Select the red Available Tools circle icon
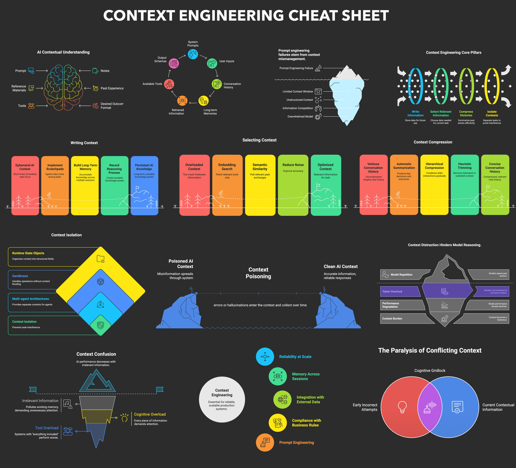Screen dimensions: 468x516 pos(169,84)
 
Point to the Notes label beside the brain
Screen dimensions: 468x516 pos(105,71)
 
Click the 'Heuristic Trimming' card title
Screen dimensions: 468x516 pos(465,166)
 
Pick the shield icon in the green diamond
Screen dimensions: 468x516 pos(101,325)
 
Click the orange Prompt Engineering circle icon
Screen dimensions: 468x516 pos(265,442)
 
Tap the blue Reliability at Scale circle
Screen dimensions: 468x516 pos(265,357)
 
